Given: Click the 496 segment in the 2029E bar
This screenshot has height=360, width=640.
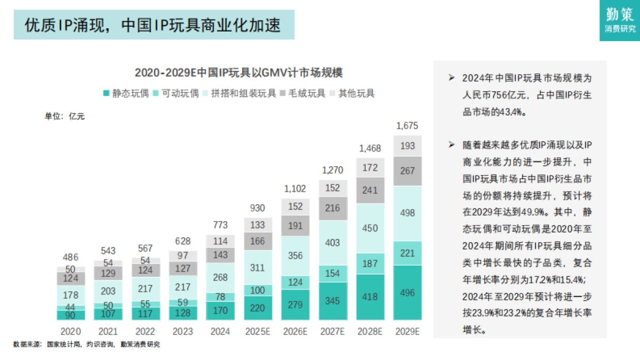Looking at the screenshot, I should [407, 293].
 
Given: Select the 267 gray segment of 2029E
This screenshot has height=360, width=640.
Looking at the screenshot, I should [407, 171].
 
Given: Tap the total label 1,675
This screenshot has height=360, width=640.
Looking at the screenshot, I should [407, 126].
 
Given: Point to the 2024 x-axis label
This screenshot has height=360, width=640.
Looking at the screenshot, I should [220, 331].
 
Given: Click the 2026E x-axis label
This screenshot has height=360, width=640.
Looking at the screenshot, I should [295, 331].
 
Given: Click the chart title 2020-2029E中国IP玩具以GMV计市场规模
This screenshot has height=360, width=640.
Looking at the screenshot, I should [238, 72].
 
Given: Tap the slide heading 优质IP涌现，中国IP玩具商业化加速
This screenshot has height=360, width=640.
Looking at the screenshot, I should [153, 25].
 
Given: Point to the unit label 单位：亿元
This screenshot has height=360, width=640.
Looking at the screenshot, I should [64, 116].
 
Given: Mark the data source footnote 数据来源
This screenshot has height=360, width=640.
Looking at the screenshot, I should [86, 345].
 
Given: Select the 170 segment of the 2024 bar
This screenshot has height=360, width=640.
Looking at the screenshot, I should [220, 311].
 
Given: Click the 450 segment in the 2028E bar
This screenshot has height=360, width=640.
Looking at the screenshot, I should [370, 228].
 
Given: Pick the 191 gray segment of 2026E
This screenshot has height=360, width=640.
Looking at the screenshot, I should [295, 226].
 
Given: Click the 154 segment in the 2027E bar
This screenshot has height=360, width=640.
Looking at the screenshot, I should [332, 274].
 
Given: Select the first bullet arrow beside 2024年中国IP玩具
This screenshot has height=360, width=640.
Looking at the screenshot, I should [451, 78].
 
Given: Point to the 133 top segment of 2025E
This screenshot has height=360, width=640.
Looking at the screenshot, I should [258, 225].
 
